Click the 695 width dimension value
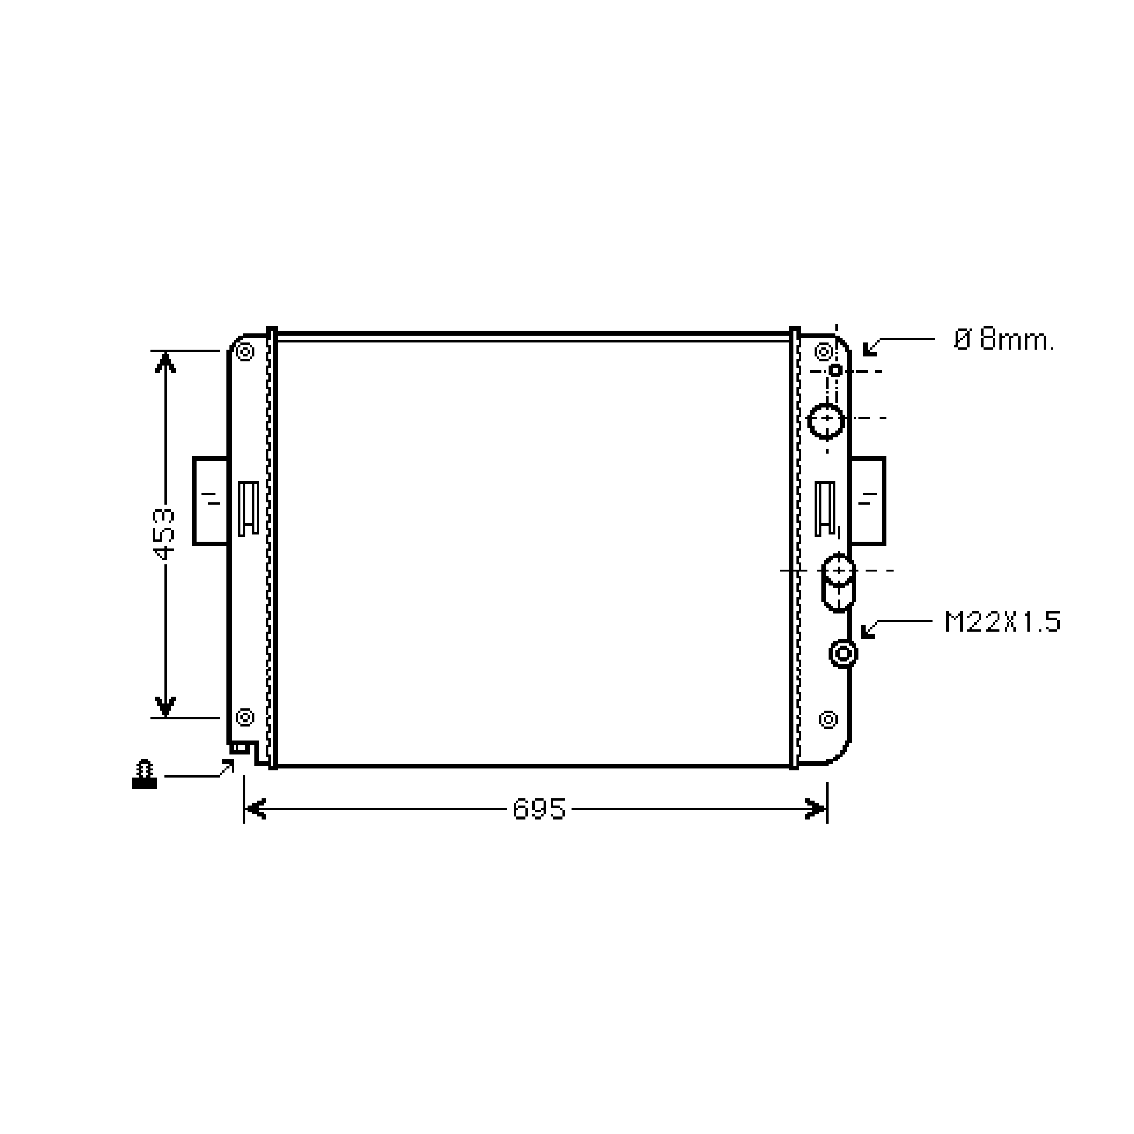(539, 809)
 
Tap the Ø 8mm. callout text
(1004, 340)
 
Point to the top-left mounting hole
(245, 353)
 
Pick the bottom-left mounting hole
(245, 717)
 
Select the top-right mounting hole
(824, 353)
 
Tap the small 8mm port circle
(835, 370)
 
